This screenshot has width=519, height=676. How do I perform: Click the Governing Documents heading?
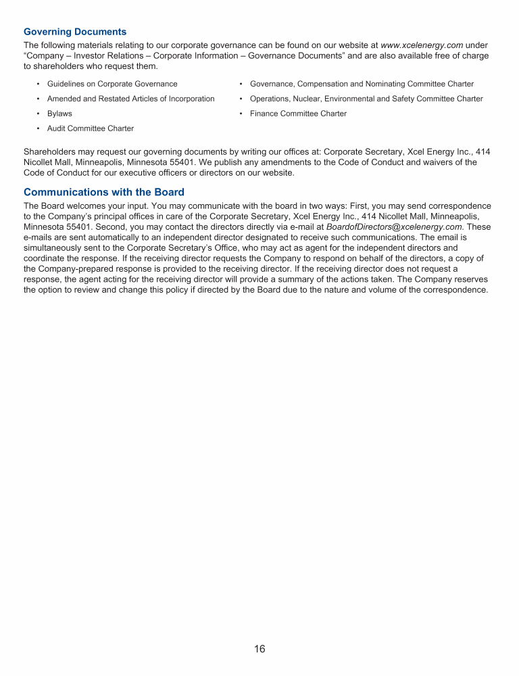[x=74, y=32]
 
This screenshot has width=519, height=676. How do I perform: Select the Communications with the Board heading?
[x=103, y=193]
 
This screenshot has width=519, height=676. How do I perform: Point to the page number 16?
[x=259, y=649]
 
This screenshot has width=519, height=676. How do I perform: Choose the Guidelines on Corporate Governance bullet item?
[x=112, y=84]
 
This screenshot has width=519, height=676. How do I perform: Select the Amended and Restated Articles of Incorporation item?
[x=130, y=99]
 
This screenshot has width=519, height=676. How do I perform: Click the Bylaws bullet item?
[x=59, y=114]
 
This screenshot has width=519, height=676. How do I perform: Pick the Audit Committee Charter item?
[x=90, y=128]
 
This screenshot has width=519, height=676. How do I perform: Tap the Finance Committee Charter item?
[x=298, y=114]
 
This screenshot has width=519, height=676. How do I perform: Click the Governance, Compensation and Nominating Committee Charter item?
[x=362, y=84]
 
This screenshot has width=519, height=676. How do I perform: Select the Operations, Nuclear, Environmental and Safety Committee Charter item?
[x=366, y=99]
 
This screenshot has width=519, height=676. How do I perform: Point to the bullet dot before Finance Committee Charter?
[x=241, y=114]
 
